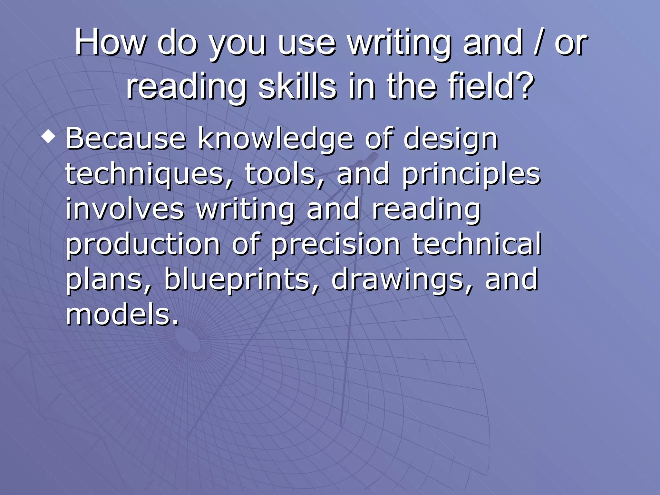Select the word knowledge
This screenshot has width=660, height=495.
point(276,139)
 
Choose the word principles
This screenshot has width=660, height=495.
point(471,175)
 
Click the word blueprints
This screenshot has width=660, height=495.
point(242,280)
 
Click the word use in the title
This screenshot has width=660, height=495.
point(307,43)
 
